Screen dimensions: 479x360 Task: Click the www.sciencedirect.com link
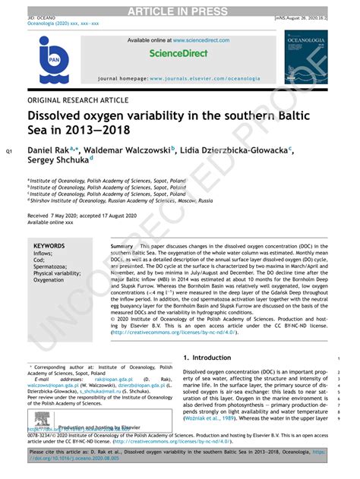point(201,39)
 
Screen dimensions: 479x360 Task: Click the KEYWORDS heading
point(49,247)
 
